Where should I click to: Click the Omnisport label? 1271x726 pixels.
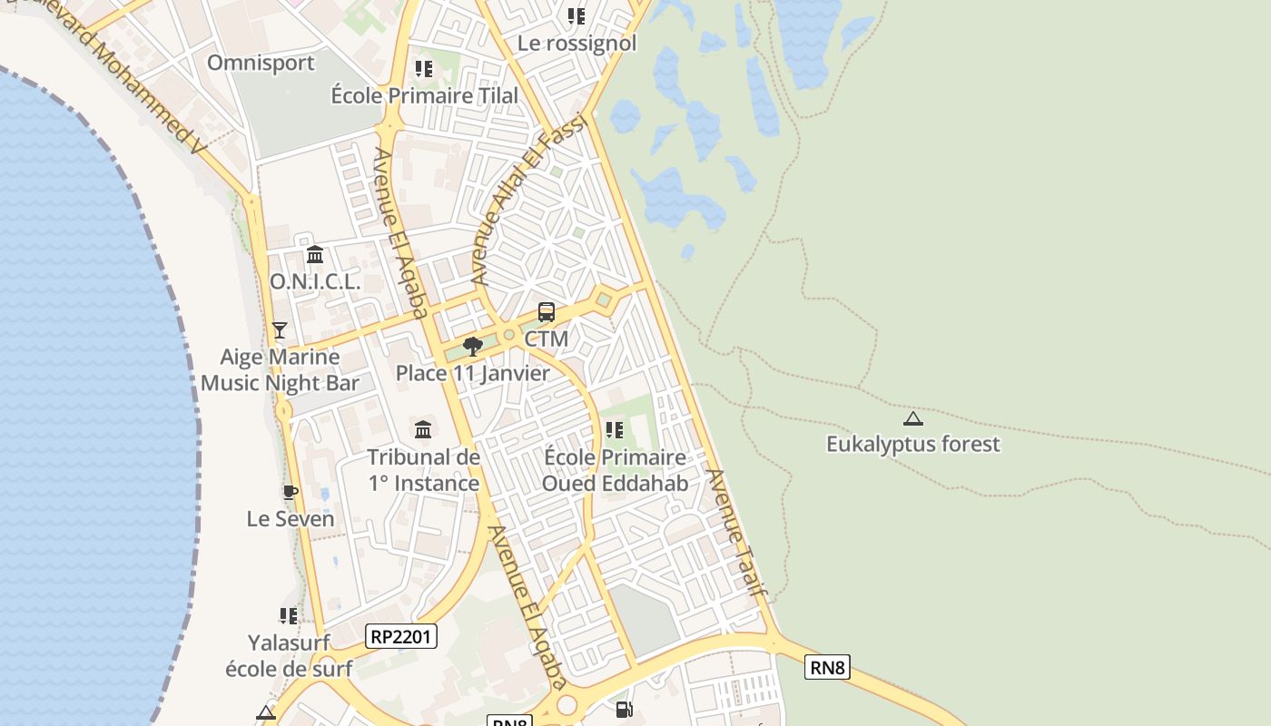(x=261, y=63)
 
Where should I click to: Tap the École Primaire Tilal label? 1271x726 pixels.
(x=424, y=95)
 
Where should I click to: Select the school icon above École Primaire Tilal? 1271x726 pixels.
(x=424, y=69)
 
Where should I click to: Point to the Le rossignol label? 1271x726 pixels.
(x=576, y=43)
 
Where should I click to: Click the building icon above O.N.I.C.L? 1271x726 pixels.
(x=315, y=255)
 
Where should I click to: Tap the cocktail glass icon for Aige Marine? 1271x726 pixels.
(x=280, y=330)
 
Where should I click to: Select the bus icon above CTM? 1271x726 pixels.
(x=547, y=312)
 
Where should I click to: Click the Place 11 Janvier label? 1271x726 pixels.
(x=472, y=373)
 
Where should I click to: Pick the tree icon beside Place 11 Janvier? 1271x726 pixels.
(x=472, y=347)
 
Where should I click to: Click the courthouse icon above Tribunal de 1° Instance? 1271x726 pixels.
(x=423, y=429)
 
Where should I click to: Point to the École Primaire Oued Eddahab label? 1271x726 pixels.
(x=615, y=470)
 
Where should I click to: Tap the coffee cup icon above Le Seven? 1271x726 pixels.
(x=291, y=493)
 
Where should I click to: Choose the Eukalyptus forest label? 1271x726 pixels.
(x=912, y=444)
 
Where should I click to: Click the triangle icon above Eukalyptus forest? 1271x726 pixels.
(x=912, y=418)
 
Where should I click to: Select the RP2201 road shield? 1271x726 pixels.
(x=401, y=636)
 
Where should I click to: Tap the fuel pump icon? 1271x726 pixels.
(x=624, y=710)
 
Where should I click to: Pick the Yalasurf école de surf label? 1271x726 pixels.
(x=289, y=655)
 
